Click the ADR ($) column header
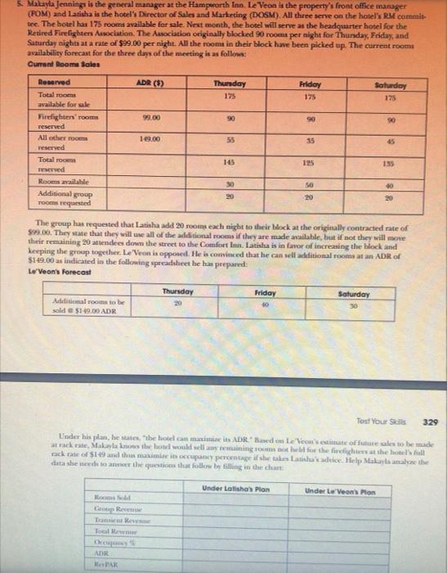[149, 83]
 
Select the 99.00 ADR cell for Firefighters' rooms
[148, 119]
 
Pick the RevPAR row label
[105, 565]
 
